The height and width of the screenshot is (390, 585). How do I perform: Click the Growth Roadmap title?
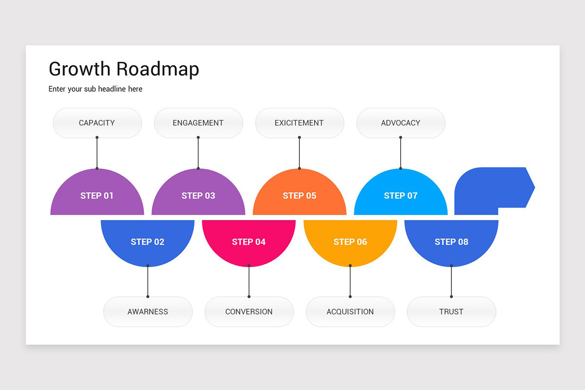click(x=124, y=69)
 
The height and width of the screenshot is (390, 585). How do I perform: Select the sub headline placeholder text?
click(x=96, y=89)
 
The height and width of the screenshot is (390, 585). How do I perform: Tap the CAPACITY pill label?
click(x=97, y=123)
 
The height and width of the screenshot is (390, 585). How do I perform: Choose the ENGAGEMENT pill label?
click(x=198, y=123)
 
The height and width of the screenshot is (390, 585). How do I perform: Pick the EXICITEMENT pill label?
click(x=299, y=123)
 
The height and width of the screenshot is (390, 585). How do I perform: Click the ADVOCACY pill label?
click(x=401, y=123)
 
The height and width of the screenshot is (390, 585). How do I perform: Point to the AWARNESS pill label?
click(x=148, y=312)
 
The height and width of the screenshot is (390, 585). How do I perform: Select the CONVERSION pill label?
click(x=249, y=312)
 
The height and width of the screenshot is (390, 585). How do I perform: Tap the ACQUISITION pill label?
click(x=350, y=312)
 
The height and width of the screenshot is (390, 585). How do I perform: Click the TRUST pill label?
click(x=451, y=312)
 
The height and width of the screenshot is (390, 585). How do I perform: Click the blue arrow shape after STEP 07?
click(x=492, y=188)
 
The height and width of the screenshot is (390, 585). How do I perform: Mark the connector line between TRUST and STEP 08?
click(x=451, y=281)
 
